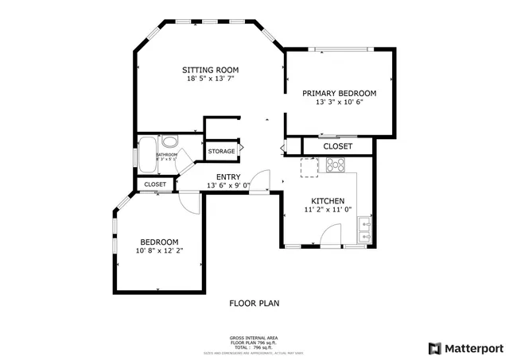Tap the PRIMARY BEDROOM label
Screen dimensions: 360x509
click(340, 93)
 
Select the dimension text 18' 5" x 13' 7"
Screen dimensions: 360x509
click(210, 79)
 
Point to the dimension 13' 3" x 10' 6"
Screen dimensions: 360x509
click(340, 103)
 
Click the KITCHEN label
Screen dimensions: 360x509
click(327, 201)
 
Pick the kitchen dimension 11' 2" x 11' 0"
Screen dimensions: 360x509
click(327, 211)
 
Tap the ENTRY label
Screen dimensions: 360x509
click(228, 176)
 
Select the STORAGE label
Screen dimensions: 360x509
click(221, 151)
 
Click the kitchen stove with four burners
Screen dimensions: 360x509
click(335, 165)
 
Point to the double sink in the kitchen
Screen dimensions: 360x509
click(365, 230)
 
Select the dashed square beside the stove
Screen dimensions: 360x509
click(309, 167)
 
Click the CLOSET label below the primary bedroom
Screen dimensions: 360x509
click(337, 147)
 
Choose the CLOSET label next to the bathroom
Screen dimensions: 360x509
click(155, 184)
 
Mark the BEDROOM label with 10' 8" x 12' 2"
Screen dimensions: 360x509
click(159, 242)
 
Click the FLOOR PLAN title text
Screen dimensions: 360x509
click(254, 303)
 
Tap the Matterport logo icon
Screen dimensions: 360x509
click(433, 348)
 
